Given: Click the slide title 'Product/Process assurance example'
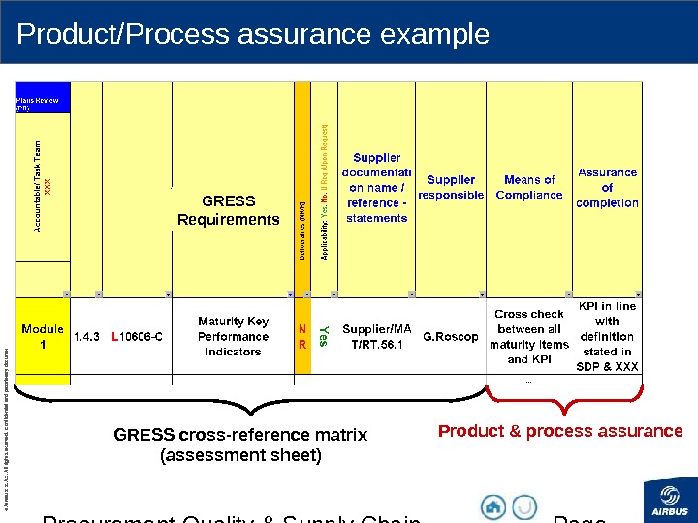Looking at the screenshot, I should [x=253, y=35].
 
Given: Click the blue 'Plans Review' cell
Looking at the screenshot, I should [x=43, y=100].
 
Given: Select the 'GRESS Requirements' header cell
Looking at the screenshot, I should [x=228, y=210].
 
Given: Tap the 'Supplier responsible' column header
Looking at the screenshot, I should [x=451, y=187].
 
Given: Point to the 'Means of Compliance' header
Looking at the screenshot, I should [x=529, y=187].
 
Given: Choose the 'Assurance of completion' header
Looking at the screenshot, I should [x=608, y=187].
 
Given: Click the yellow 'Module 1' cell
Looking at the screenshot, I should [x=43, y=336].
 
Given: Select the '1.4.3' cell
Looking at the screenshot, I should [x=86, y=337].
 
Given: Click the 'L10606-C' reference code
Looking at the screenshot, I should [x=137, y=337].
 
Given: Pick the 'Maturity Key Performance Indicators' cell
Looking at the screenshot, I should [x=233, y=336].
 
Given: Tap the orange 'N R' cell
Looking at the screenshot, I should [x=302, y=336].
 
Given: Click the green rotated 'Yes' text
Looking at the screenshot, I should [x=325, y=336].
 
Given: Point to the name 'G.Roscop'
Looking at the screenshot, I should [x=451, y=337].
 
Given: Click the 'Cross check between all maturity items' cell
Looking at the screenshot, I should [x=529, y=336].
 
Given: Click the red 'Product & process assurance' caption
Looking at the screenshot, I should [x=560, y=431].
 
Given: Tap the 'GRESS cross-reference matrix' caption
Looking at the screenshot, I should [x=240, y=445].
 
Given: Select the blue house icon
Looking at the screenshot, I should [x=493, y=507].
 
